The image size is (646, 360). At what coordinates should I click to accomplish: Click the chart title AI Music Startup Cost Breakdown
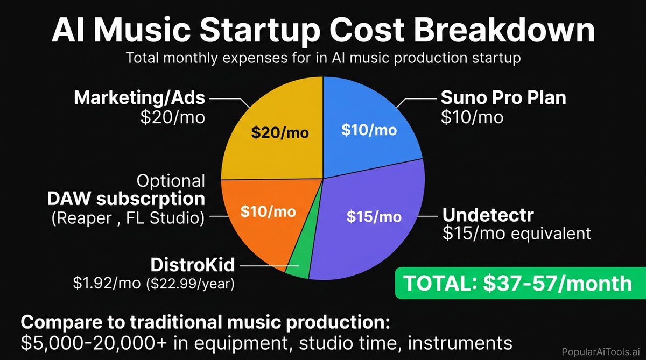(x=323, y=31)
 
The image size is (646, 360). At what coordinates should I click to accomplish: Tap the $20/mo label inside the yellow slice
(x=280, y=132)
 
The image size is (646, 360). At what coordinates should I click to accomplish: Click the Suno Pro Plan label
(x=503, y=97)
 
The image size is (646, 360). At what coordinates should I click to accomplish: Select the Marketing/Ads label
(x=139, y=97)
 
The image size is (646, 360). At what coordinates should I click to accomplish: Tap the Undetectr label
(x=488, y=215)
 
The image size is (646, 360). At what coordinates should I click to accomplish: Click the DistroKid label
(x=193, y=265)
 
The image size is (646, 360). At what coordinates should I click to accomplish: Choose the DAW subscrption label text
(x=126, y=199)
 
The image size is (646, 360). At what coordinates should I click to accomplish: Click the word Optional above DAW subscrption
(x=171, y=180)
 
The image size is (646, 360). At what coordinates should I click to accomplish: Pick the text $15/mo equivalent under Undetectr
(x=516, y=234)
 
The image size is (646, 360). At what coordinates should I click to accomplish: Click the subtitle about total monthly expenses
(x=323, y=58)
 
